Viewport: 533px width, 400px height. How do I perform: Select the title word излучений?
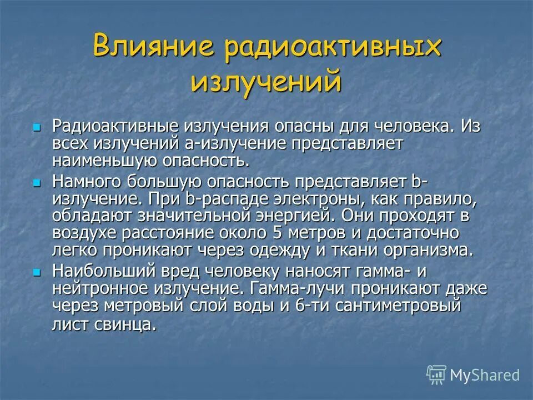265,82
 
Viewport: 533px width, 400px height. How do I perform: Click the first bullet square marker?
37,128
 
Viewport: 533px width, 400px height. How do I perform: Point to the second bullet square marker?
37,182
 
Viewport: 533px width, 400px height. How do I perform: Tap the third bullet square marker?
37,272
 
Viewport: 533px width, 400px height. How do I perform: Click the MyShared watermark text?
485,375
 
